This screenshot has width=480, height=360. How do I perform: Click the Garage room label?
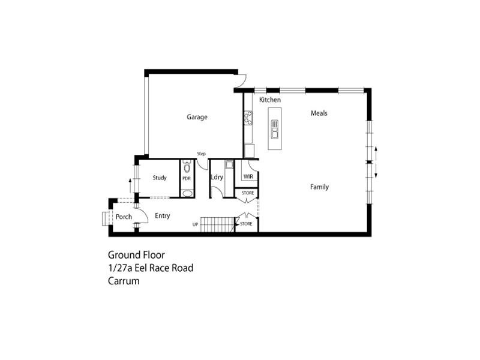[x=197, y=117]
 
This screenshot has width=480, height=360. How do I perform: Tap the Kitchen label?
[x=270, y=100]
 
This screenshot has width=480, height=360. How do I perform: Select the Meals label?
[x=319, y=113]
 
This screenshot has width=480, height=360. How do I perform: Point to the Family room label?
[x=319, y=187]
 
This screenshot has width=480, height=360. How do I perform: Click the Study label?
[x=160, y=178]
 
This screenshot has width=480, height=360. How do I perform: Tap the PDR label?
[x=187, y=178]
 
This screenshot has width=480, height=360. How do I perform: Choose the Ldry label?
[x=217, y=177]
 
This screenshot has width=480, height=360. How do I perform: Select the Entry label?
[x=163, y=216]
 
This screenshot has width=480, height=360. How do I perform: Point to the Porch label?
[x=124, y=217]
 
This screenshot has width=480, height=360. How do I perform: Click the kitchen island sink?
[x=274, y=129]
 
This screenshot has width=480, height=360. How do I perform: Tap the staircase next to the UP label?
[x=217, y=225]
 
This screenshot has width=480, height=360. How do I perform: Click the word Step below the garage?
[x=202, y=154]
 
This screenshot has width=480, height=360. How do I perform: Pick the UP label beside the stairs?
[x=195, y=225]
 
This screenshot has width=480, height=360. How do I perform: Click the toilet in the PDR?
[x=187, y=169]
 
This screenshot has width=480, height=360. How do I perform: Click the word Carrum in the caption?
[x=124, y=280]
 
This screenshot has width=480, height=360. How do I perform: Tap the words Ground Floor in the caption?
[x=136, y=255]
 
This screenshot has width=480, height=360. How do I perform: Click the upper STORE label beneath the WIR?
[x=248, y=193]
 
